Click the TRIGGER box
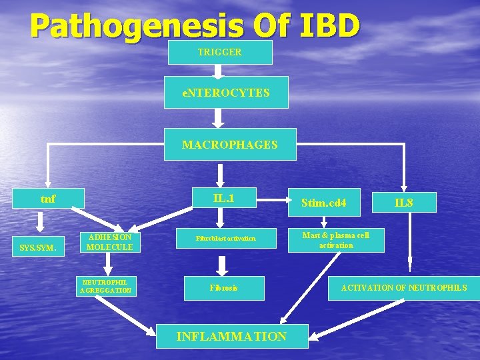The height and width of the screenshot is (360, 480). [x=220, y=52]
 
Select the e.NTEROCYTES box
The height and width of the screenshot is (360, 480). [x=226, y=93]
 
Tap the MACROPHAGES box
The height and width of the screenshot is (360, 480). [x=230, y=145]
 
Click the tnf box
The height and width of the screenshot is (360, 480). [x=48, y=198]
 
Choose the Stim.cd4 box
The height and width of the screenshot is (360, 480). [x=324, y=202]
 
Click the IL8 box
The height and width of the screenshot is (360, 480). [x=405, y=202]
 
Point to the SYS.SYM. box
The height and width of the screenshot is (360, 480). [x=38, y=248]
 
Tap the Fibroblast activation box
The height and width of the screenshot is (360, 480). [x=225, y=238]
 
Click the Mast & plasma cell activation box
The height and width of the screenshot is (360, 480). [x=336, y=240]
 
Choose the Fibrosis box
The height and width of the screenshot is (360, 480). [x=224, y=288]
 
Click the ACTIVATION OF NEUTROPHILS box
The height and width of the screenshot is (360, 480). [x=404, y=288]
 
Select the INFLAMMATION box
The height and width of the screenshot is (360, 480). [x=231, y=336]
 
